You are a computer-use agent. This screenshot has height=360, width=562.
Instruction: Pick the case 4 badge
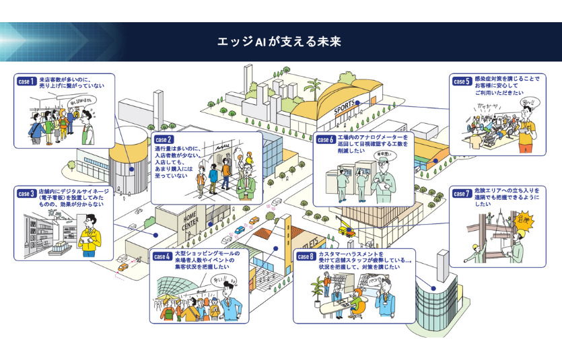tap(162, 256)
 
